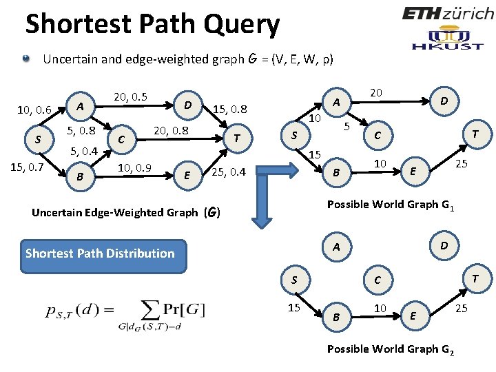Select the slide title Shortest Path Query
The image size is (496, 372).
(152, 24)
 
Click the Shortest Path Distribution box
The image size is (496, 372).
(101, 253)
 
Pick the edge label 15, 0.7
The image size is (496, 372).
(27, 167)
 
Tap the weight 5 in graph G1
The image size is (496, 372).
(347, 126)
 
